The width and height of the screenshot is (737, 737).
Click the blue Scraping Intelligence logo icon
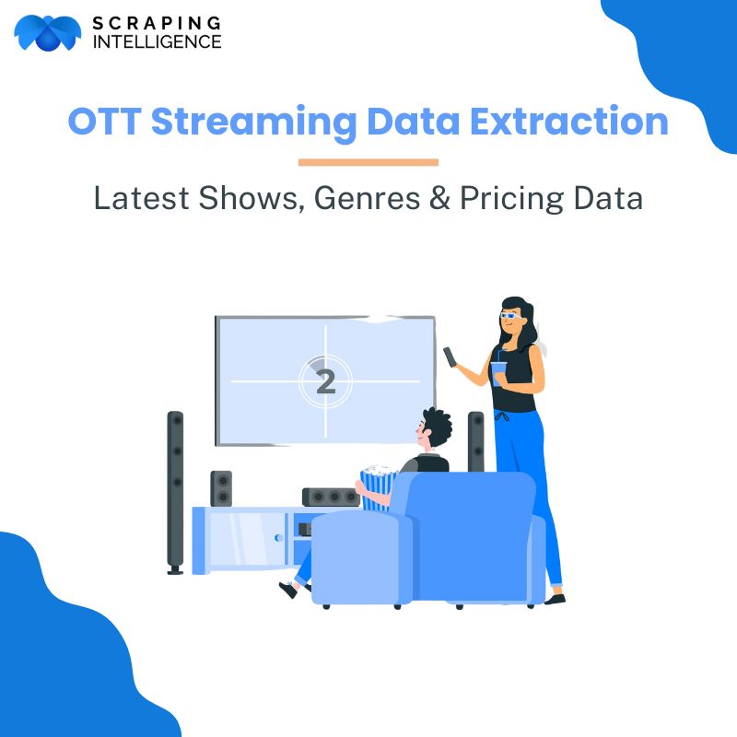[x=47, y=32]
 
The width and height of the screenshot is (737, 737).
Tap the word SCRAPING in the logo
[x=157, y=23]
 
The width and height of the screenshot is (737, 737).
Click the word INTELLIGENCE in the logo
[x=157, y=41]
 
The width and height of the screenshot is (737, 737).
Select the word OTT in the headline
[x=104, y=122]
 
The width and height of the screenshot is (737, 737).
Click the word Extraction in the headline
[x=569, y=122]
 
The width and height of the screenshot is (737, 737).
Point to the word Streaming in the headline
[x=254, y=123]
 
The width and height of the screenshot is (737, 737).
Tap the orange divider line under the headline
[x=368, y=162]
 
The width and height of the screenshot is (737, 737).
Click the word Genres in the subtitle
[x=367, y=198]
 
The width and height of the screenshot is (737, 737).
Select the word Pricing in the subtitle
[x=511, y=199]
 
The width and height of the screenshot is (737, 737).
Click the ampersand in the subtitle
[x=440, y=198]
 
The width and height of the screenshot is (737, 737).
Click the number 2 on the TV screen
[x=326, y=381]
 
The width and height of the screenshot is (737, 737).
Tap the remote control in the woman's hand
[x=450, y=357]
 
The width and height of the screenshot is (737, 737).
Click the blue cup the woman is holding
[x=497, y=373]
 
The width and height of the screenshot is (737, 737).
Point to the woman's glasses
[x=510, y=315]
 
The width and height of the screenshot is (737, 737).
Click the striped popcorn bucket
[x=378, y=487]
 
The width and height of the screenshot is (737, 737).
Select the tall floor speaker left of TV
[x=175, y=493]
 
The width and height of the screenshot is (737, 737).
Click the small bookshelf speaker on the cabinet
[x=221, y=488]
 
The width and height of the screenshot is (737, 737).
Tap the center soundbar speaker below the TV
[x=331, y=497]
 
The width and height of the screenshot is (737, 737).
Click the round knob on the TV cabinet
[x=278, y=538]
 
